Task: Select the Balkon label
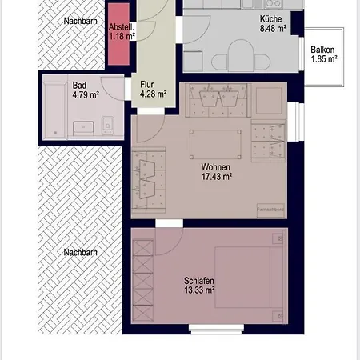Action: [323, 49]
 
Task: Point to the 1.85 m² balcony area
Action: [323, 58]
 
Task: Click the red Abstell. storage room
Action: [121, 45]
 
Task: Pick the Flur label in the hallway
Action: [147, 83]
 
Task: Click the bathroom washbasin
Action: [83, 125]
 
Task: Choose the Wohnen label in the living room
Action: [215, 166]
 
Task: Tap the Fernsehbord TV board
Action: [269, 209]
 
